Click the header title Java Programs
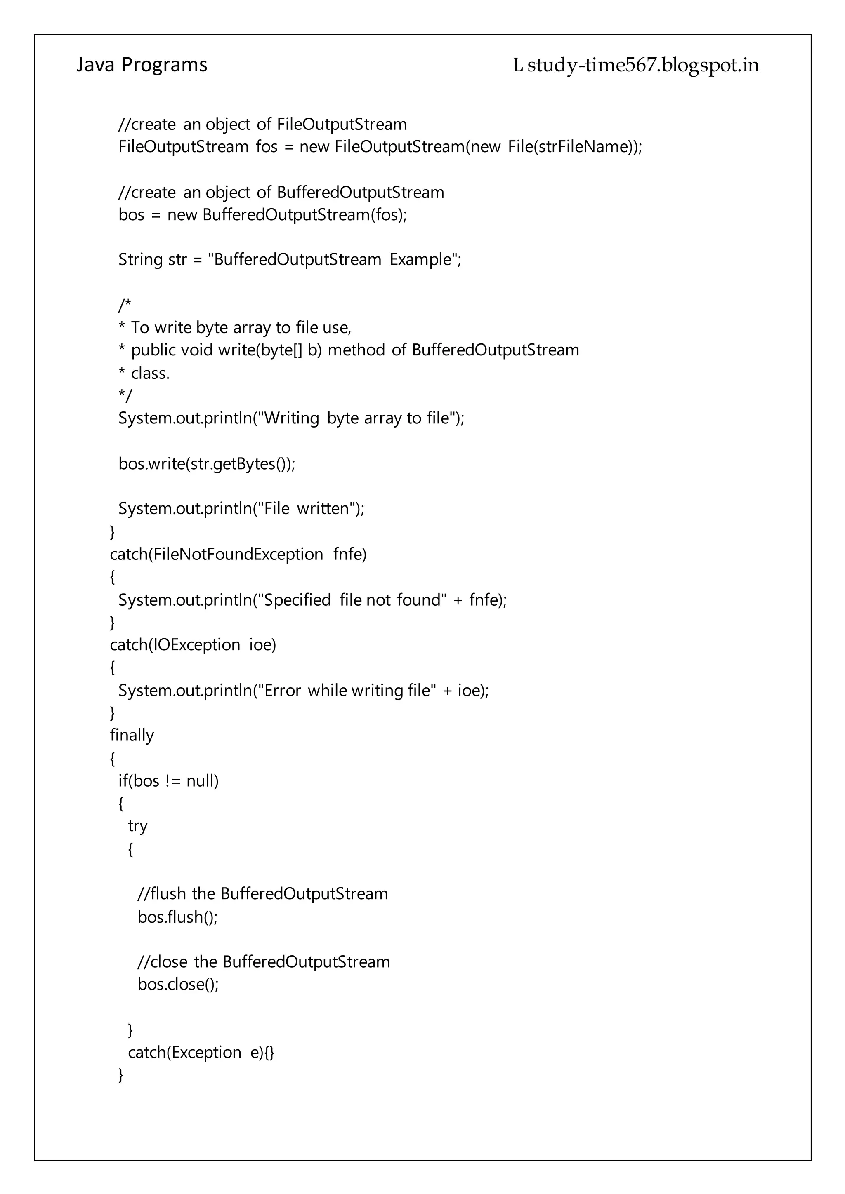(x=142, y=65)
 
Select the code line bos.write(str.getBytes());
(x=207, y=463)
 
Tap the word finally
(x=132, y=736)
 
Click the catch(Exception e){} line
(x=201, y=1052)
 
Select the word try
(x=138, y=826)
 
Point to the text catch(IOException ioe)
(x=193, y=645)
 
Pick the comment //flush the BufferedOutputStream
(x=263, y=893)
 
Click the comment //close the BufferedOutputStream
(x=264, y=961)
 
